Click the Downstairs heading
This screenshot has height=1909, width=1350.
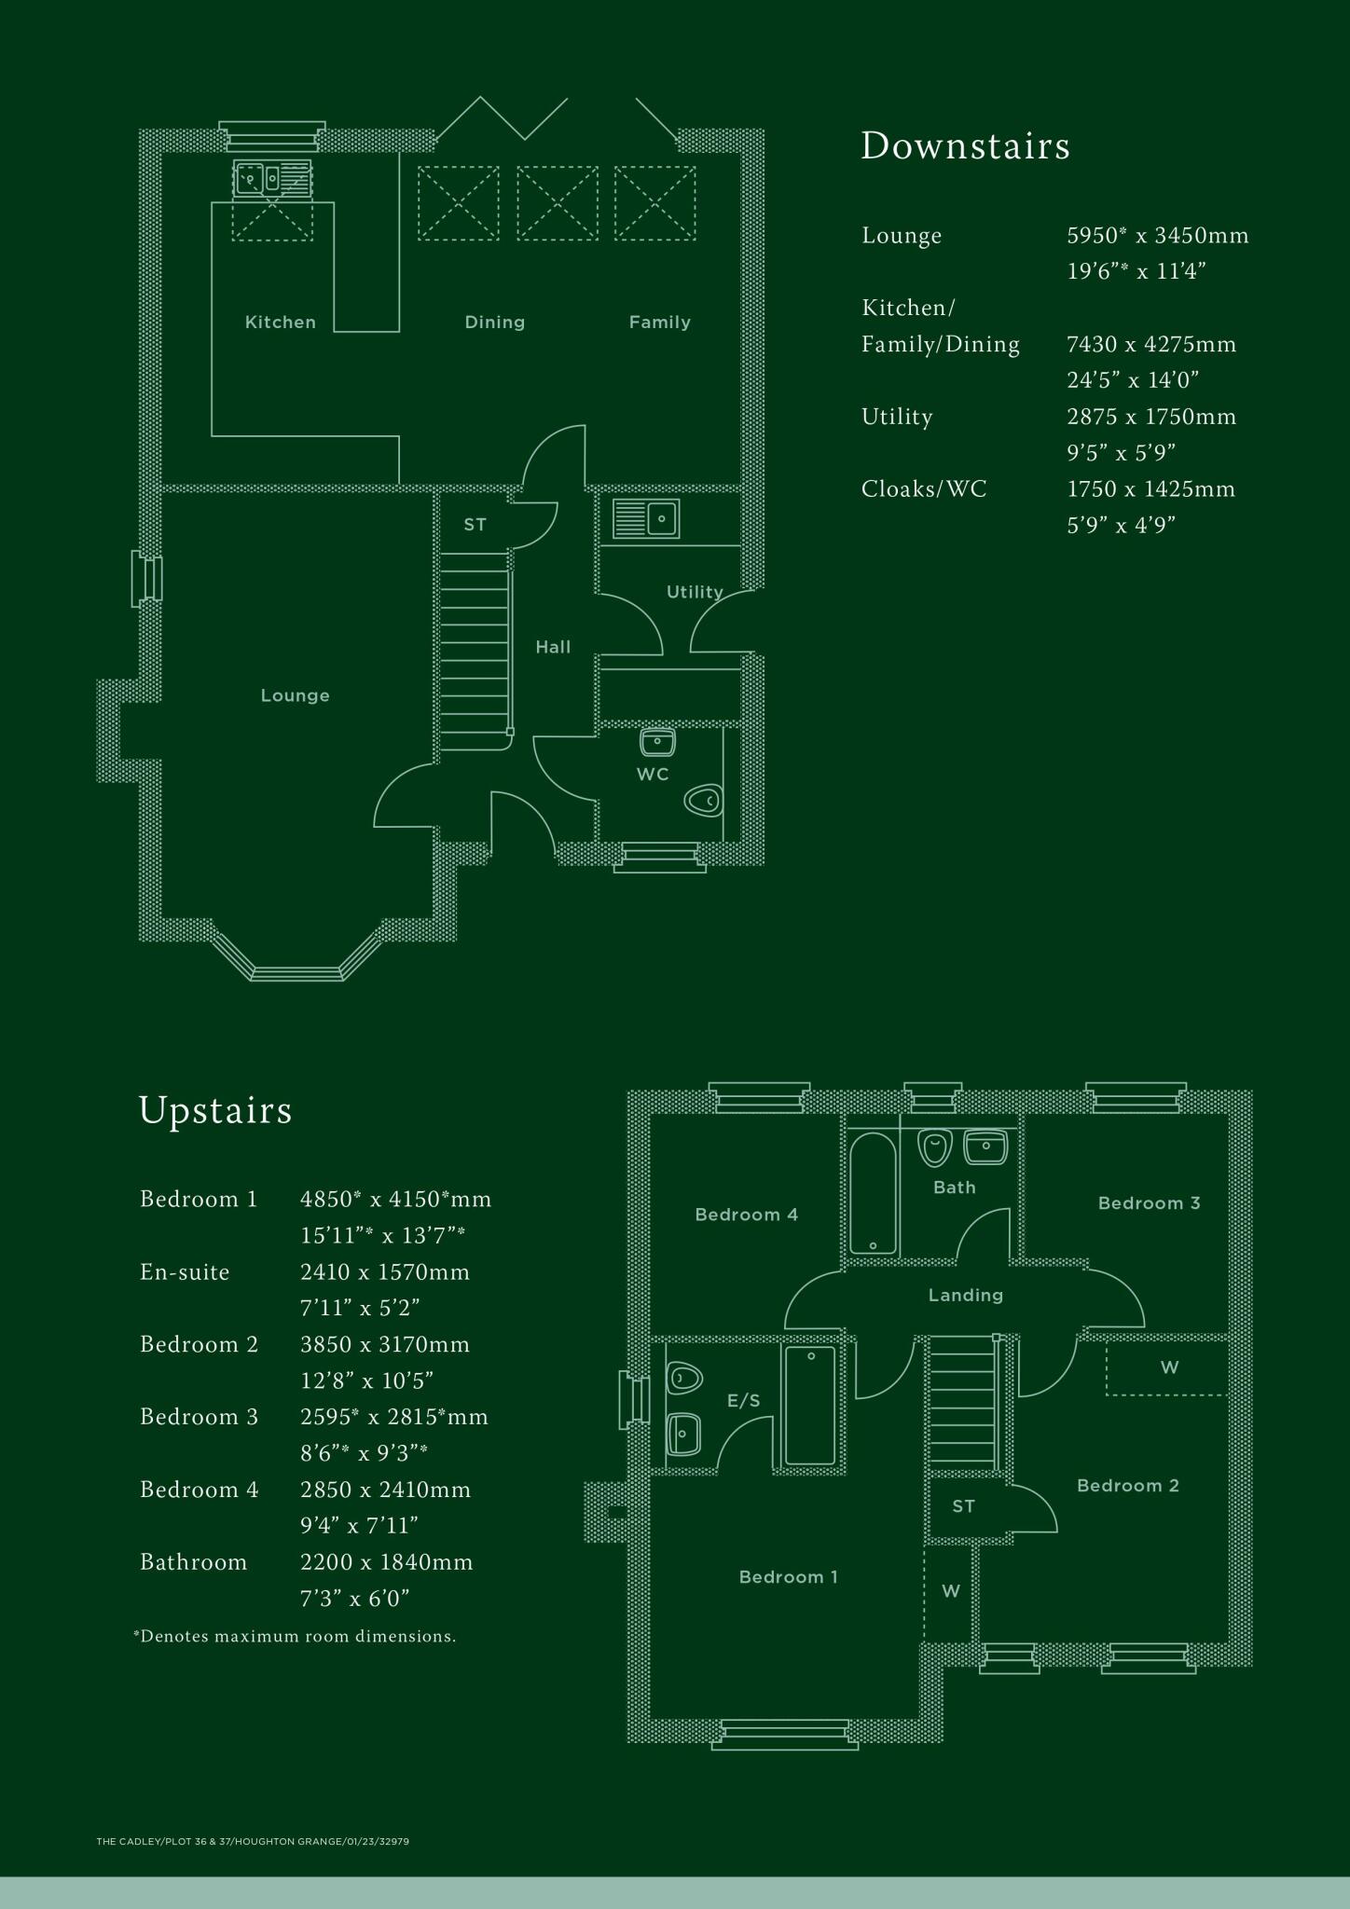965,146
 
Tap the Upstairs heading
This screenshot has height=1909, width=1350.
215,1110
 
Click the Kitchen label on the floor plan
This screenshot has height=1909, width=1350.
280,323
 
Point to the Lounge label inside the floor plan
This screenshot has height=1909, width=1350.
295,695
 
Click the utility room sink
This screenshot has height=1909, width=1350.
645,518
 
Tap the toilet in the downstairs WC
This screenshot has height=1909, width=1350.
704,800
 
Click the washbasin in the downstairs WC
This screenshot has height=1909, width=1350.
657,742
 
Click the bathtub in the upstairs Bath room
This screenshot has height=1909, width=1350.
873,1193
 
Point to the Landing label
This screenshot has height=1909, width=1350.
965,1295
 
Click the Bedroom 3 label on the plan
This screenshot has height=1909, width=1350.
1149,1203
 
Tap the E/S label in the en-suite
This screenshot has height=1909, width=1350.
743,1401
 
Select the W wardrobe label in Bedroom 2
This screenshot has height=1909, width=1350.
1169,1367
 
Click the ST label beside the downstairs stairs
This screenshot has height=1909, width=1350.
475,525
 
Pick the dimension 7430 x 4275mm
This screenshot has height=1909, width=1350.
1151,345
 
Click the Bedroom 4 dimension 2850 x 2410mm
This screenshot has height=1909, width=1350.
385,1490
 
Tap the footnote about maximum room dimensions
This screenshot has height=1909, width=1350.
295,1636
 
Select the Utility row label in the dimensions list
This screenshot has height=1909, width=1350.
896,417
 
